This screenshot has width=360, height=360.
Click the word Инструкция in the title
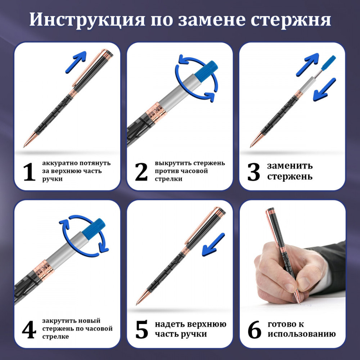point(87,19)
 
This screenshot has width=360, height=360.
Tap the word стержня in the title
point(291,19)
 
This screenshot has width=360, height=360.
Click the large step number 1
point(29,172)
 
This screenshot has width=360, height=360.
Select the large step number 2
point(141,172)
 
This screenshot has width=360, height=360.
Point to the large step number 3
point(254,172)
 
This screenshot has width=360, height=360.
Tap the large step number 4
point(29,329)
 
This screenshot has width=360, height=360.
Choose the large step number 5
point(141,330)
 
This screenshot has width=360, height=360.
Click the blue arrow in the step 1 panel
point(76,62)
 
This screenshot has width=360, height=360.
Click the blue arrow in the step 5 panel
point(213,245)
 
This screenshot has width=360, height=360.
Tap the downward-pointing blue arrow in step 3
point(324,90)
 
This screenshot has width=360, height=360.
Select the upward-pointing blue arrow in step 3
point(307,64)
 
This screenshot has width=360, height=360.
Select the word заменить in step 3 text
point(290,166)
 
